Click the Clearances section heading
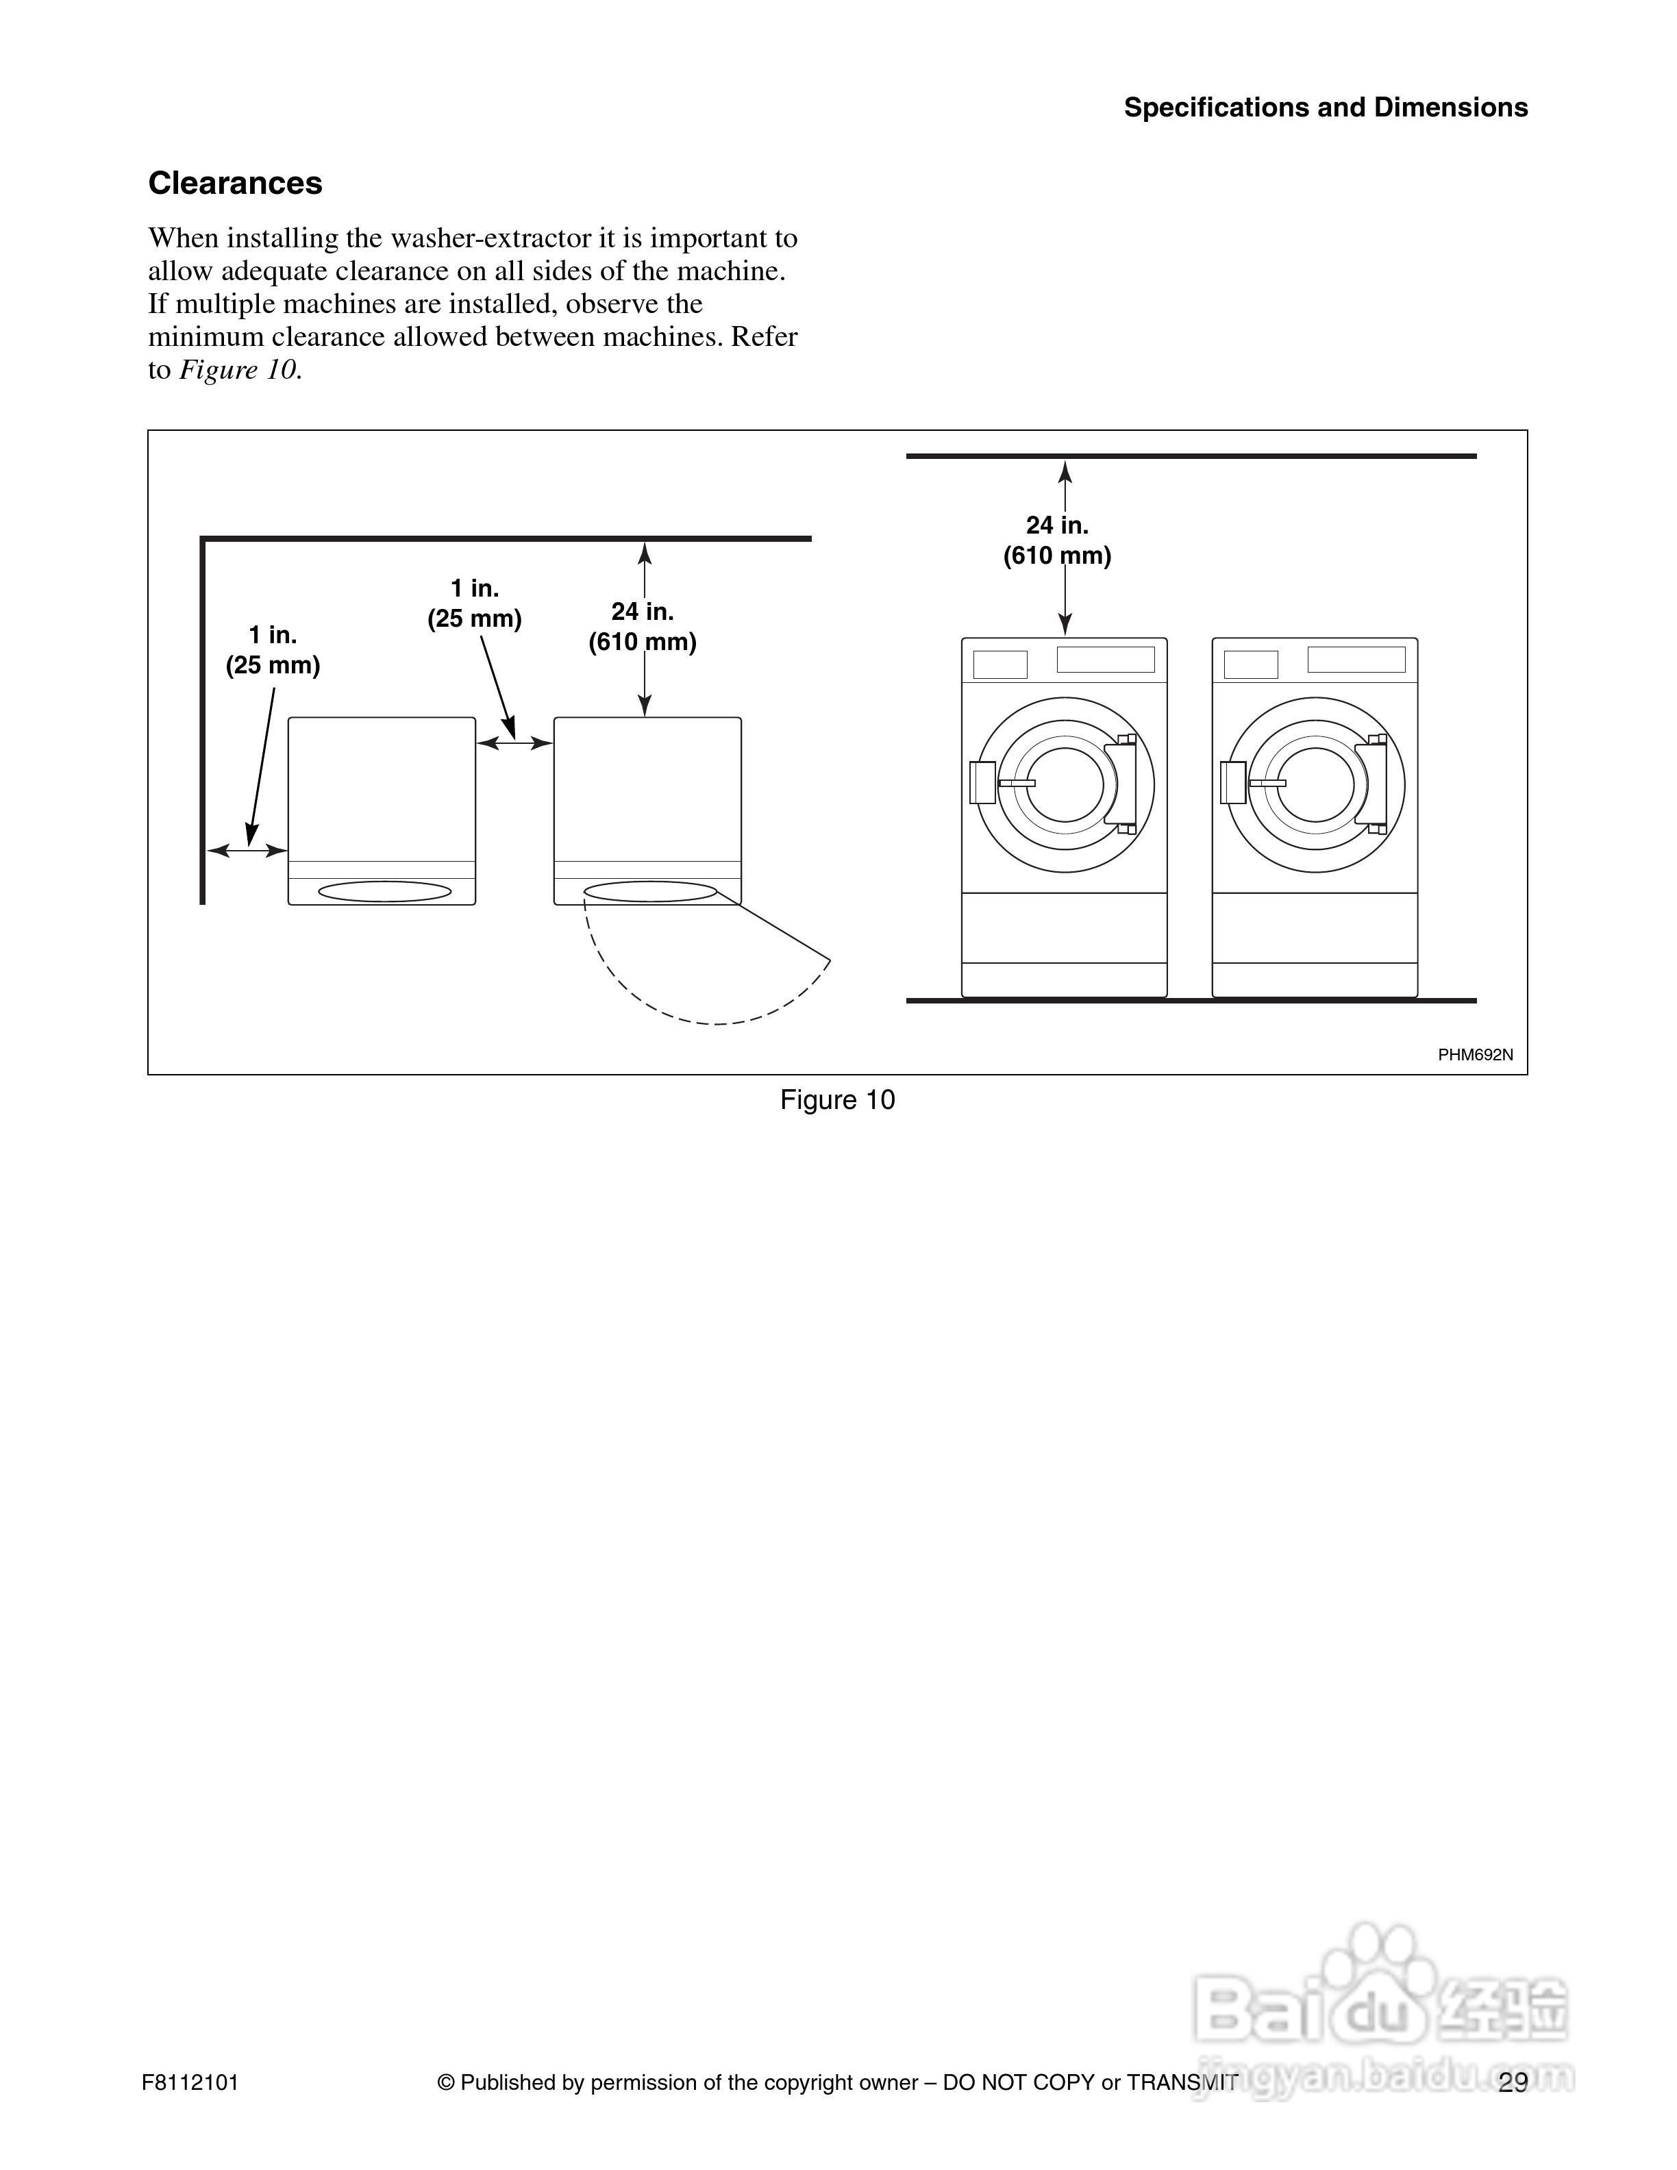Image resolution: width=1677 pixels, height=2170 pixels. coord(236,184)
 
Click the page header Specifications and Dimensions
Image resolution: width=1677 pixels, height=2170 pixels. coord(1326,108)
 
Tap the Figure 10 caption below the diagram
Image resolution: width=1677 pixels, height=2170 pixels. coord(838,1100)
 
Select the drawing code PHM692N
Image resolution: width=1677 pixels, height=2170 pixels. coord(1476,1055)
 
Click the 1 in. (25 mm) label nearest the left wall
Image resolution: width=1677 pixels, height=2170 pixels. coord(272,651)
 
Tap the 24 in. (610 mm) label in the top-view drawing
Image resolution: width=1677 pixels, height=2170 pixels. coord(642,627)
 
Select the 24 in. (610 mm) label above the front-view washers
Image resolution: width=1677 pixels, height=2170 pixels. coord(1056,540)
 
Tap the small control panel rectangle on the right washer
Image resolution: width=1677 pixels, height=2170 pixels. coord(1251,664)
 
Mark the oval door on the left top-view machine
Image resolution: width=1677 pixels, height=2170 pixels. coord(384,891)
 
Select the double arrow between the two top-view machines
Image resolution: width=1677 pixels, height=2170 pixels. coord(514,743)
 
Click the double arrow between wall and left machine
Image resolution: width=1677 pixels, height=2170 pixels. coord(247,851)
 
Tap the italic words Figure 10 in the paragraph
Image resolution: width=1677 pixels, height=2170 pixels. coord(238,371)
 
